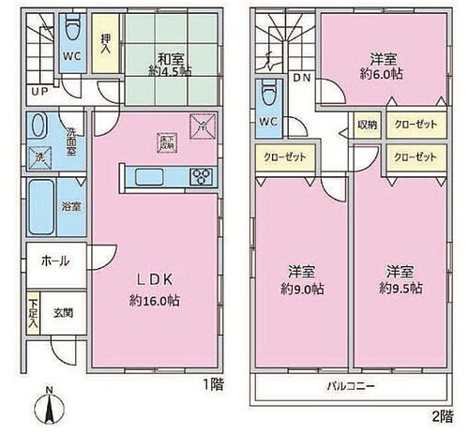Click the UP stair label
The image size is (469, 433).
point(40,92)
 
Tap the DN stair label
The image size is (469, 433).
point(302,79)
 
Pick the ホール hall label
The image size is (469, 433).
point(53,261)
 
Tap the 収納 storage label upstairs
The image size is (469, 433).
point(368,123)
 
